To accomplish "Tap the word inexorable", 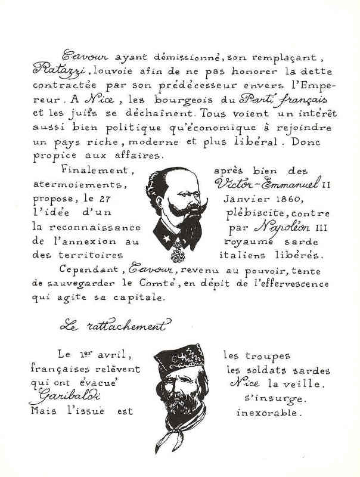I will pos(269,411).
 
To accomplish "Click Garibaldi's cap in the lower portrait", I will pos(179,358).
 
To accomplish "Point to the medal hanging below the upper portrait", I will pos(177,255).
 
